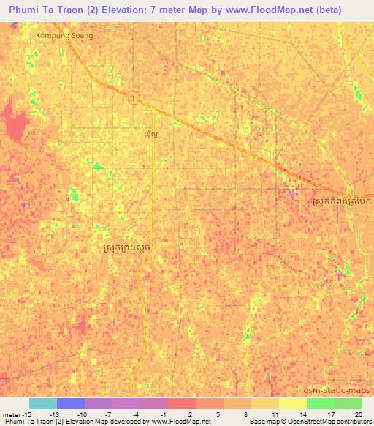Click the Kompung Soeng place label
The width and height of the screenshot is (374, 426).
click(64, 34)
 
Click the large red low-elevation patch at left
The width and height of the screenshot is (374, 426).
click(15, 122)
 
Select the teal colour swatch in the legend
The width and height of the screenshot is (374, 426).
click(43, 403)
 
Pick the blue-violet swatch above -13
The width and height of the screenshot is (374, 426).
click(71, 403)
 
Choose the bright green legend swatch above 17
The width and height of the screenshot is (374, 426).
click(321, 403)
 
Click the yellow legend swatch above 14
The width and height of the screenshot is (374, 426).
click(293, 403)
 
